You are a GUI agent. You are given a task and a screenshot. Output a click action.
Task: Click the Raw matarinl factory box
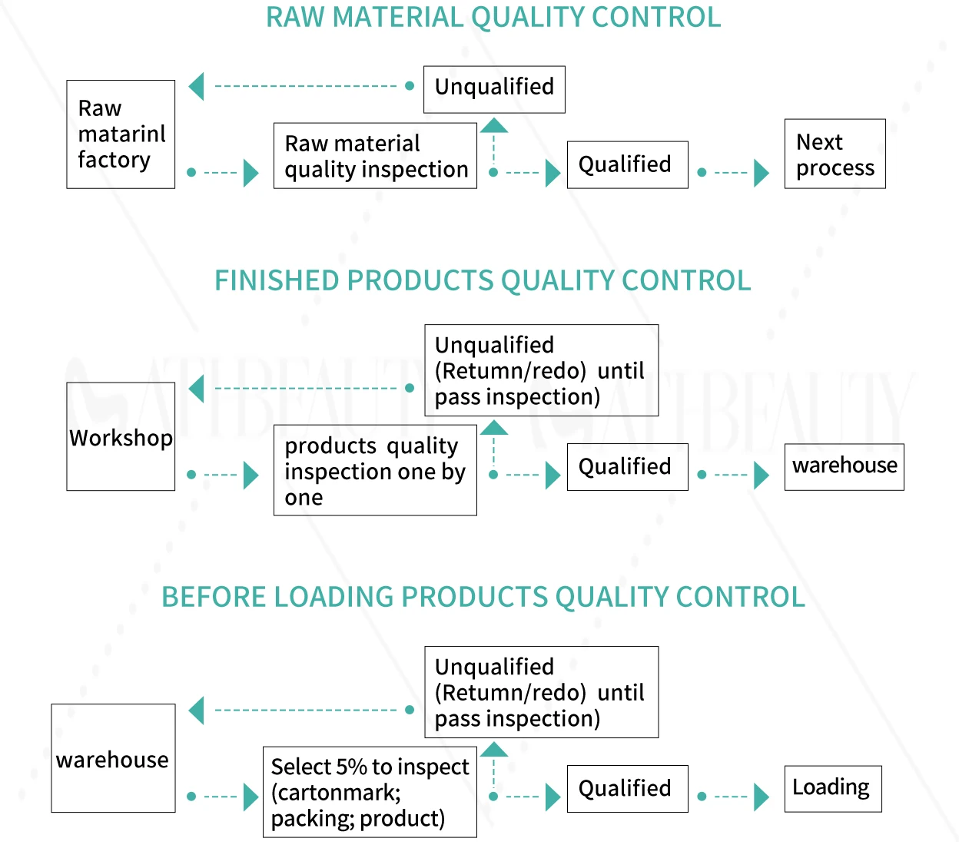point(121,134)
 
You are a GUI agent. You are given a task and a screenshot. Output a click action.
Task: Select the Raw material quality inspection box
point(375,156)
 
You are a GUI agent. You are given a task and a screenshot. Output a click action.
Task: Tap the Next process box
point(835,154)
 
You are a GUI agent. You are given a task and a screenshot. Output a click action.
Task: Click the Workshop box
point(121,436)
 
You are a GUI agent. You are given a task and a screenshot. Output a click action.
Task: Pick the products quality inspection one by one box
point(375,470)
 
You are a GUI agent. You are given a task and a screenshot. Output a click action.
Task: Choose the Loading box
point(832,788)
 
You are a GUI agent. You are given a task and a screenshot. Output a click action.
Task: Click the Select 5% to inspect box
point(370,792)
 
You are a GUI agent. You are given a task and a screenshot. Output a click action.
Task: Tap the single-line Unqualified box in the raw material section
point(494,89)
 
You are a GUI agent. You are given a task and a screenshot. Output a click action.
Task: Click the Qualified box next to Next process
point(627,164)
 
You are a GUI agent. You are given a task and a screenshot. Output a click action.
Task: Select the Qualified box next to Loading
point(627,789)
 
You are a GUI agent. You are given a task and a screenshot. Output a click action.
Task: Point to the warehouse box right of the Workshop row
point(844,466)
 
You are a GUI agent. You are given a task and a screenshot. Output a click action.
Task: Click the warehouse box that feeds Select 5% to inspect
point(113,758)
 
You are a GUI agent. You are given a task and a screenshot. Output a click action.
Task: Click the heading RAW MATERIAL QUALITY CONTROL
point(493,18)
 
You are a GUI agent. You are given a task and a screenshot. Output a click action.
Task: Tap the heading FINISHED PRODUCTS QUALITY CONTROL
point(483,281)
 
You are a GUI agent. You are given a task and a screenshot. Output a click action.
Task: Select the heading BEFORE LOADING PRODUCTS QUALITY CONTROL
point(483,597)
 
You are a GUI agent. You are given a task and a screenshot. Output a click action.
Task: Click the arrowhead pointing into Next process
point(761,173)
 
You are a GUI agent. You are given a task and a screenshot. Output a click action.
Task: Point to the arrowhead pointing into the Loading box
point(761,797)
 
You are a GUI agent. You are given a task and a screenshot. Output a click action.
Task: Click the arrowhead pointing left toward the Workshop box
point(197,389)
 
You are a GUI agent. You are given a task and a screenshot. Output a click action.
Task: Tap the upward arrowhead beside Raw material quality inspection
point(494,125)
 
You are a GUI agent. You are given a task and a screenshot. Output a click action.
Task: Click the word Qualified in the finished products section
point(625,466)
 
